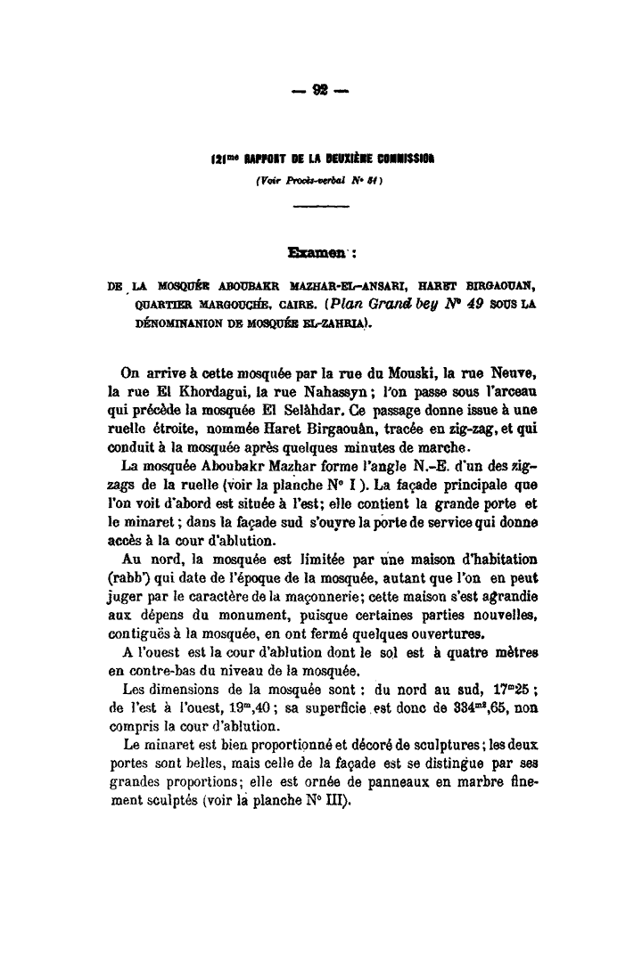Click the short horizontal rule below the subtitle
tap(320, 208)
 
